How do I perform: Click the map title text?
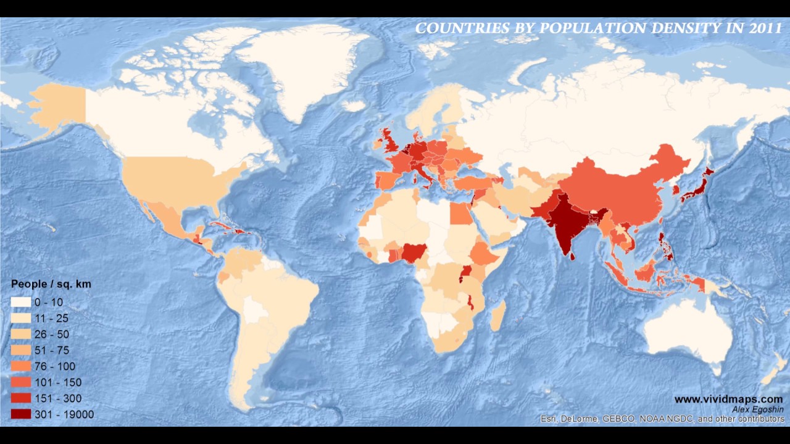pos(598,28)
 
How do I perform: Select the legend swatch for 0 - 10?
pos(20,303)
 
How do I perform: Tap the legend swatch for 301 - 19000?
pos(20,414)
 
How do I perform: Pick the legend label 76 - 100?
pos(55,366)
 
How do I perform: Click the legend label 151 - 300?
pos(57,398)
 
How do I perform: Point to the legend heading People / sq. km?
pos(51,284)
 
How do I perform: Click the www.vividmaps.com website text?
pos(728,400)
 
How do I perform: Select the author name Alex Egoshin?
pos(757,409)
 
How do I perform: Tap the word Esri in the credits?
pos(549,419)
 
